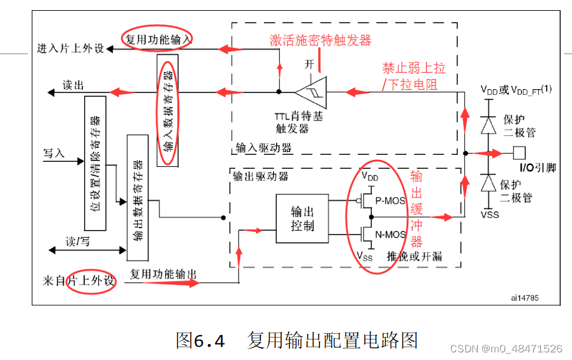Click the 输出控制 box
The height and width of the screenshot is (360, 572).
(x=302, y=219)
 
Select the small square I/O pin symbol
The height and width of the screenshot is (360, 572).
(x=519, y=153)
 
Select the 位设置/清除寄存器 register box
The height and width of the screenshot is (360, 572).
(x=95, y=164)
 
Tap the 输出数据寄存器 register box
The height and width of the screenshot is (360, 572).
(x=137, y=197)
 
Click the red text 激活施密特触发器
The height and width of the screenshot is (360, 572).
(x=320, y=41)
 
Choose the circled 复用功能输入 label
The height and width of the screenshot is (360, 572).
(x=158, y=38)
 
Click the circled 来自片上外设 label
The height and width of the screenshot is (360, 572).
(x=78, y=281)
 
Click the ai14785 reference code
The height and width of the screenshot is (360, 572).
(x=523, y=297)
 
